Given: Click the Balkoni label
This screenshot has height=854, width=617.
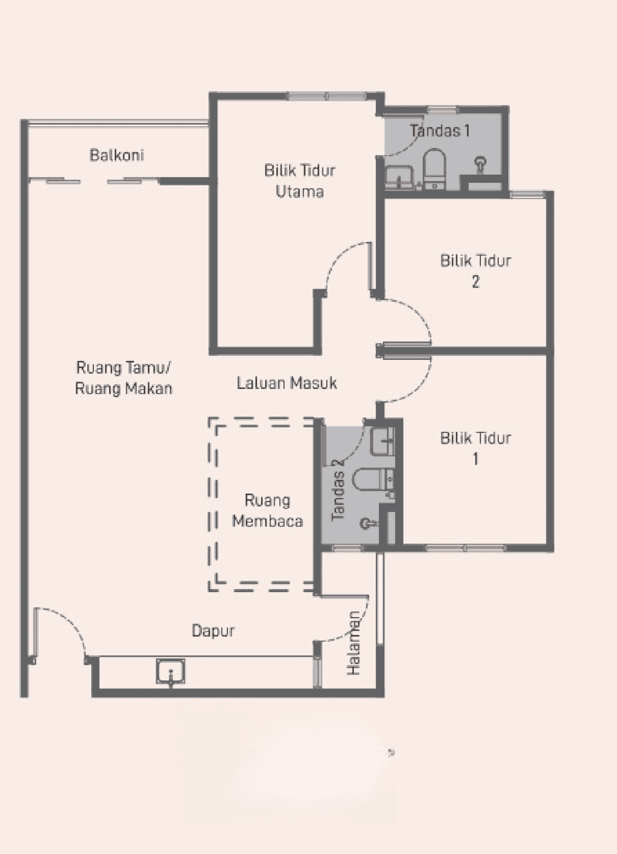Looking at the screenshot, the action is pyautogui.click(x=117, y=155).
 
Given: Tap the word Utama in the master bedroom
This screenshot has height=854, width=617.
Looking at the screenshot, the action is pyautogui.click(x=300, y=191).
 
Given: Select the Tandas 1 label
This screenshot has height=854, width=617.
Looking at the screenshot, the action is pyautogui.click(x=440, y=131).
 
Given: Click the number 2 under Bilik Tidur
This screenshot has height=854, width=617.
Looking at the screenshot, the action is pyautogui.click(x=476, y=282).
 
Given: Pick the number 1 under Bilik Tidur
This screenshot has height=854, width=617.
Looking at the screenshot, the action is pyautogui.click(x=476, y=459).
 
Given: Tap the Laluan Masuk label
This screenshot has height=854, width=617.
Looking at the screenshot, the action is pyautogui.click(x=287, y=383).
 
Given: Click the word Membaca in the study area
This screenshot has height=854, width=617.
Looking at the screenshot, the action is pyautogui.click(x=268, y=521).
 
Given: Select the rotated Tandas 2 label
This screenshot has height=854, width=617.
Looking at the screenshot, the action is pyautogui.click(x=338, y=490).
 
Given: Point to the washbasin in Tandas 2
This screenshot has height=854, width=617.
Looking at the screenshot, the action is pyautogui.click(x=382, y=441).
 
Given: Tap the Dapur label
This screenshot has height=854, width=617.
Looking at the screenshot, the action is pyautogui.click(x=213, y=631).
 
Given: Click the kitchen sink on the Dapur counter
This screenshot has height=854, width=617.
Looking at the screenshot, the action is pyautogui.click(x=171, y=671).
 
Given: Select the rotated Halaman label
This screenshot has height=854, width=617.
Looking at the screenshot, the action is pyautogui.click(x=353, y=643).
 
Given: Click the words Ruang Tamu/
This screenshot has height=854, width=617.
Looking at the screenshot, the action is pyautogui.click(x=123, y=368).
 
